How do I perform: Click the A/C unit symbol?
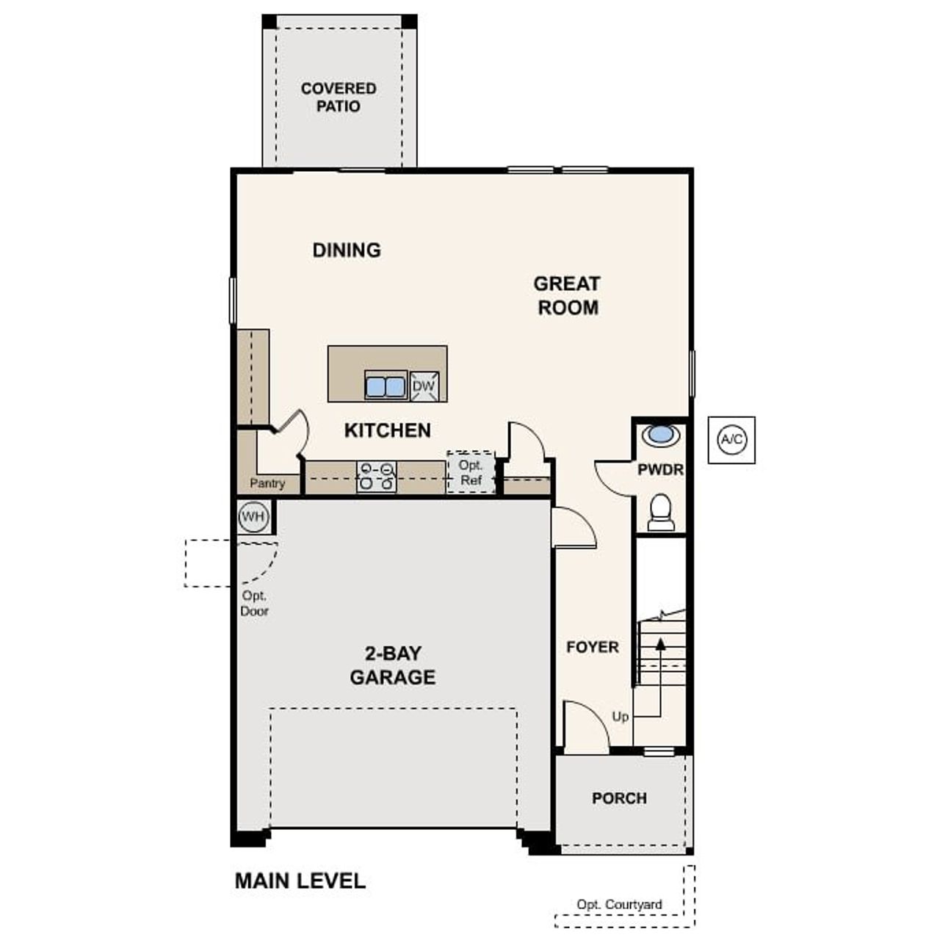click(731, 440)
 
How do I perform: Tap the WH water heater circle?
click(253, 517)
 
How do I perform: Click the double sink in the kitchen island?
click(386, 386)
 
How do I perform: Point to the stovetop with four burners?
click(376, 477)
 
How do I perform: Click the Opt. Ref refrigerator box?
click(471, 472)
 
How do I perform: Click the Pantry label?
click(267, 483)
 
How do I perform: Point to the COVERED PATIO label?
click(339, 97)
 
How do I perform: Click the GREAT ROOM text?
click(567, 295)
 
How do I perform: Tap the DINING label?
click(347, 250)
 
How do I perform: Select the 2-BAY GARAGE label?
click(393, 665)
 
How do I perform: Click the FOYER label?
click(592, 647)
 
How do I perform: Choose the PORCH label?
click(619, 798)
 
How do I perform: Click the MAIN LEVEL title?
click(300, 881)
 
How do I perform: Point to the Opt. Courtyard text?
click(619, 905)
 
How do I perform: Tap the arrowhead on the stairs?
click(660, 644)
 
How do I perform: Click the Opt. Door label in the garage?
click(254, 603)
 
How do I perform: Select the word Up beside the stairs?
click(621, 717)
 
